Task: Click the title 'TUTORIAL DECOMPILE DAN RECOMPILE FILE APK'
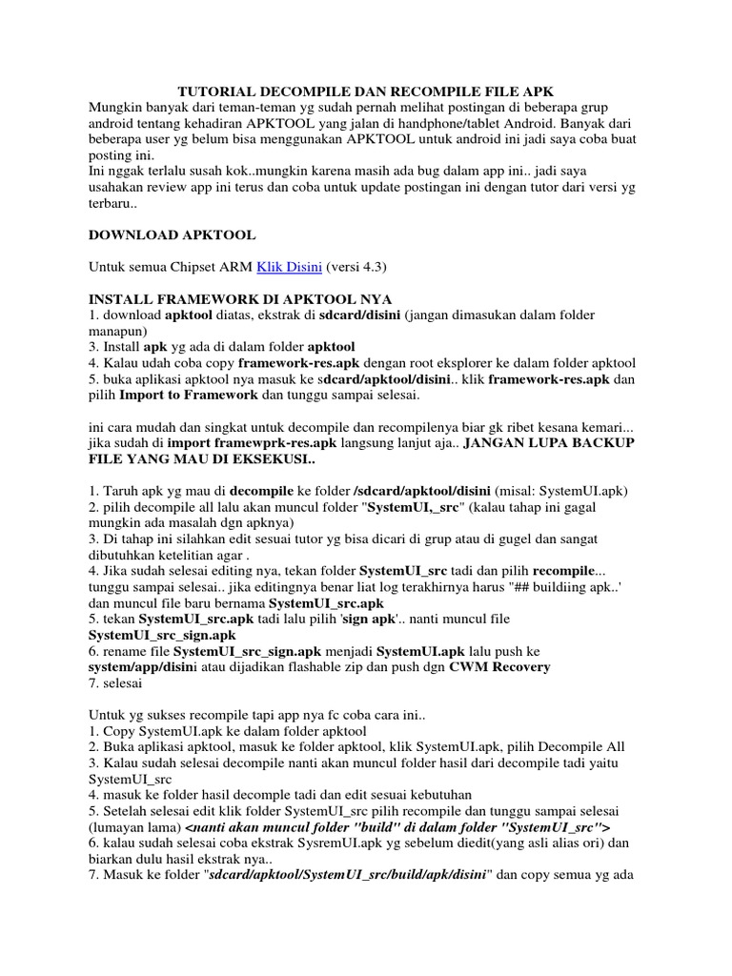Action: point(366,91)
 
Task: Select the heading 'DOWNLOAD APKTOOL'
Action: point(172,234)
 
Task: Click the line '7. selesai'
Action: point(119,683)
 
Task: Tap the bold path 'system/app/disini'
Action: point(143,667)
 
